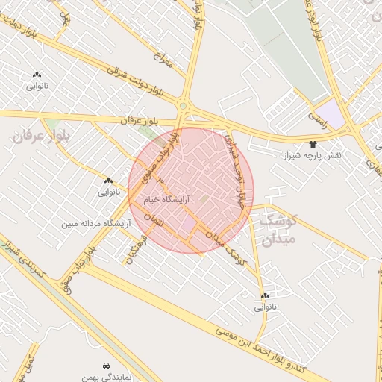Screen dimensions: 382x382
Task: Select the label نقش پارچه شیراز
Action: coord(312,156)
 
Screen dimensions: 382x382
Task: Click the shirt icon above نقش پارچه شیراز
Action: coord(313,144)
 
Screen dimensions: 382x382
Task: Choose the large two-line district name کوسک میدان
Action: coord(278,230)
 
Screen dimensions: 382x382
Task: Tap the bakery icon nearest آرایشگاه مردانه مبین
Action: coord(109,181)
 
